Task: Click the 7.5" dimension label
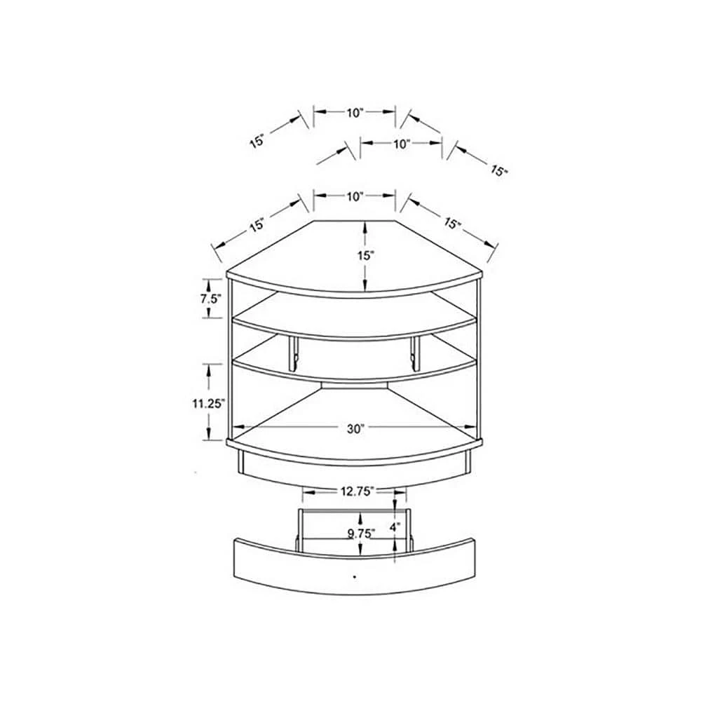click(210, 298)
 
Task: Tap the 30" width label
click(356, 429)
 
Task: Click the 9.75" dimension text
click(361, 533)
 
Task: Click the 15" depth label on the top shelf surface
click(365, 255)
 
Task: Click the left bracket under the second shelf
click(293, 354)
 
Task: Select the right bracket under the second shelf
click(415, 354)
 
